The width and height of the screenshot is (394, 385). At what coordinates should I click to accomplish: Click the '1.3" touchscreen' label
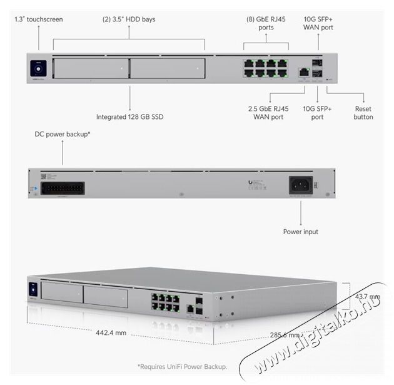click(x=39, y=19)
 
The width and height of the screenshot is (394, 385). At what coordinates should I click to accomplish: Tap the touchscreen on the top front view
click(x=37, y=67)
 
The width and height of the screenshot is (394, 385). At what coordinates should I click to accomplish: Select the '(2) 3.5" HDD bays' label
click(x=128, y=19)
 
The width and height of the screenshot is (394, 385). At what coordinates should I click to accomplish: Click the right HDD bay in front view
click(x=168, y=68)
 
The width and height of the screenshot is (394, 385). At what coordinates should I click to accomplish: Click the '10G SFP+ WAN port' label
click(x=318, y=24)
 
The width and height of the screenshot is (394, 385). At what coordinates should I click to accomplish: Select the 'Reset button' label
click(x=363, y=112)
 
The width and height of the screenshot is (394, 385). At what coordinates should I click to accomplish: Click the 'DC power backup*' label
click(x=63, y=134)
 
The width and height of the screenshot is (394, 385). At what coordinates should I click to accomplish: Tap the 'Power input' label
click(x=301, y=232)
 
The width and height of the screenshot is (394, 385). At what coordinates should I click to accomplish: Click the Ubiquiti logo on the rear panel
click(x=250, y=182)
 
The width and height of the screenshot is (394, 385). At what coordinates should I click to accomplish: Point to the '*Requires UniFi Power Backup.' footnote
click(x=182, y=366)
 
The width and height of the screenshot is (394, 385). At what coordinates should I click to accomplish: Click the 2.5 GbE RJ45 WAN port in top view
click(x=303, y=72)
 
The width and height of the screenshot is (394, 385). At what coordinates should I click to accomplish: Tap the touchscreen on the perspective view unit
click(x=33, y=289)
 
